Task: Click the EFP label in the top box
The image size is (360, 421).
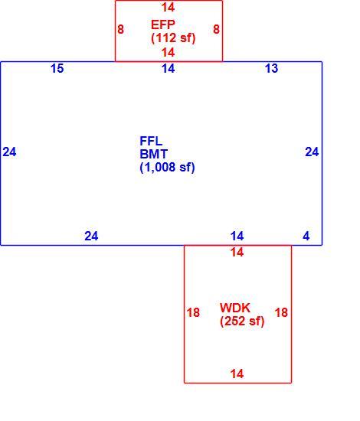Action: (x=163, y=24)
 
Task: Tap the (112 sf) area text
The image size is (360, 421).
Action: (x=173, y=38)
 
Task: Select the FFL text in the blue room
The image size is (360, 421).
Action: (x=151, y=142)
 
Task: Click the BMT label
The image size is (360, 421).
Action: (x=154, y=154)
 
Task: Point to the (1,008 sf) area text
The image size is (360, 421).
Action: (x=168, y=168)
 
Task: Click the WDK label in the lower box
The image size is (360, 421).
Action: (x=235, y=308)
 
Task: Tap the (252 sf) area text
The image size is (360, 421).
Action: (x=242, y=321)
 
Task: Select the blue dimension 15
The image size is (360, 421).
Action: (x=57, y=68)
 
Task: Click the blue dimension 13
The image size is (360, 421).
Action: (x=272, y=68)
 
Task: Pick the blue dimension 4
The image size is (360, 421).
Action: (x=306, y=237)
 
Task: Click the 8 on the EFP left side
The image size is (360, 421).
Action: (x=120, y=29)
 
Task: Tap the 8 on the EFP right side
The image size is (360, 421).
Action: (x=216, y=29)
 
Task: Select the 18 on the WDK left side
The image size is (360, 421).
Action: (x=193, y=312)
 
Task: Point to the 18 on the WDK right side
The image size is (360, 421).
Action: (x=281, y=312)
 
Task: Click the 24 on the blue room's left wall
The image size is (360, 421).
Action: (x=9, y=152)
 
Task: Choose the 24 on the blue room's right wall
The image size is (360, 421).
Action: (x=312, y=152)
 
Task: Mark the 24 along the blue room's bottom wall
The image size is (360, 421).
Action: (x=91, y=237)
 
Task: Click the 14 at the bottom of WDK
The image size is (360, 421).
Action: (x=237, y=374)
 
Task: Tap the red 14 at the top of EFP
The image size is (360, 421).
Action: (x=169, y=7)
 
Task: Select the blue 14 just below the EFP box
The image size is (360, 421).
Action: (x=169, y=68)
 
